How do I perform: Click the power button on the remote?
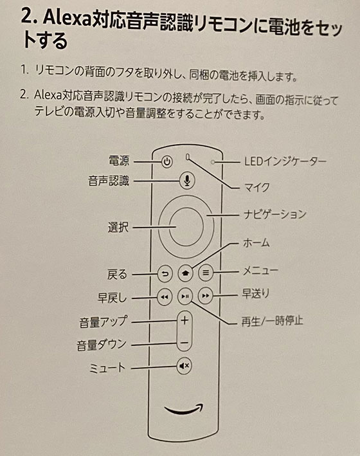point(166,161)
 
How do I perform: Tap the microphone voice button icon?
point(187,181)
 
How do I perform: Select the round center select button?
point(185,226)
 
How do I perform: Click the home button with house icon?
point(185,273)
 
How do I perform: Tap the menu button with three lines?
point(206,273)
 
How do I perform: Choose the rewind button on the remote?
point(165,297)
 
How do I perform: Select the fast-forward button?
point(205,296)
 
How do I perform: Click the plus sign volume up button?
point(184,321)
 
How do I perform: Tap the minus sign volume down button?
point(184,343)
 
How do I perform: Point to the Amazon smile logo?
point(184,409)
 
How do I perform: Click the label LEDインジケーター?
point(285,161)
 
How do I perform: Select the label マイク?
point(256,188)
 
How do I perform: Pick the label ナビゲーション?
point(275,214)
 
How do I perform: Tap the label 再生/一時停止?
point(272,321)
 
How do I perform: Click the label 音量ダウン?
point(102,345)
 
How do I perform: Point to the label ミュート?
point(107,368)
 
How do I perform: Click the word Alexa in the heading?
point(67,19)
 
